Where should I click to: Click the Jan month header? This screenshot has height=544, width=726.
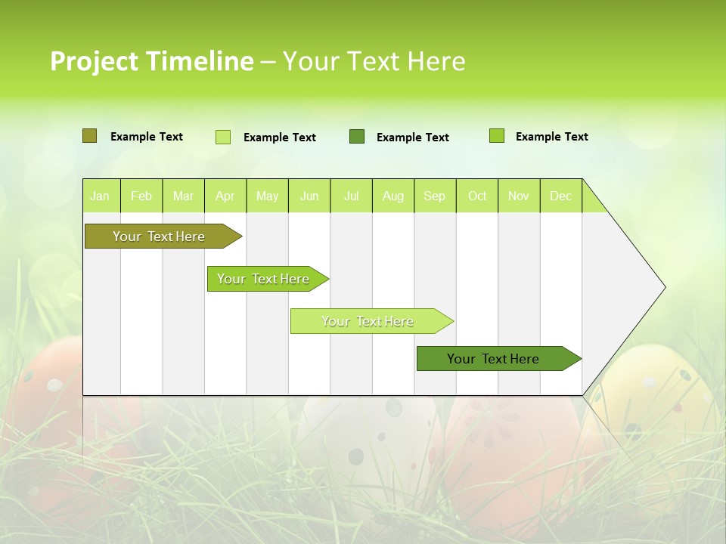coord(100,196)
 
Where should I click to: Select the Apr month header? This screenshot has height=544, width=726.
coord(225,196)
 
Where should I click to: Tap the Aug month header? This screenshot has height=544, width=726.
coord(392,196)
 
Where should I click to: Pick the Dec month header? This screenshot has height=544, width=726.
coord(560,196)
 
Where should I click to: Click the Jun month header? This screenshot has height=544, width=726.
coord(309,196)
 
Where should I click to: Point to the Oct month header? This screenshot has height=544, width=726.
coord(477,196)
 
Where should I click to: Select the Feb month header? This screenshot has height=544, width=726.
coord(141,196)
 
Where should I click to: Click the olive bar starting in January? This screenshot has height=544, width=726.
coord(159,236)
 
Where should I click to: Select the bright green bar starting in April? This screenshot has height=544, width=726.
coord(263,279)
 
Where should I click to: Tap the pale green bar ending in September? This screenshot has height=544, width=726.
coord(368,321)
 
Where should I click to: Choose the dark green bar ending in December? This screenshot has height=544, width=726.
coord(493,359)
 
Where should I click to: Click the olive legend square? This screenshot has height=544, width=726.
coord(89,136)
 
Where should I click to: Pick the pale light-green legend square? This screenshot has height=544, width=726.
coord(223,137)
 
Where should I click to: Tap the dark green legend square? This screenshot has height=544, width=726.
coord(357,137)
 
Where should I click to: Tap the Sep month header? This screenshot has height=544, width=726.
coord(434,196)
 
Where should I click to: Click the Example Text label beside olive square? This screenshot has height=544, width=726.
coord(147,137)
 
